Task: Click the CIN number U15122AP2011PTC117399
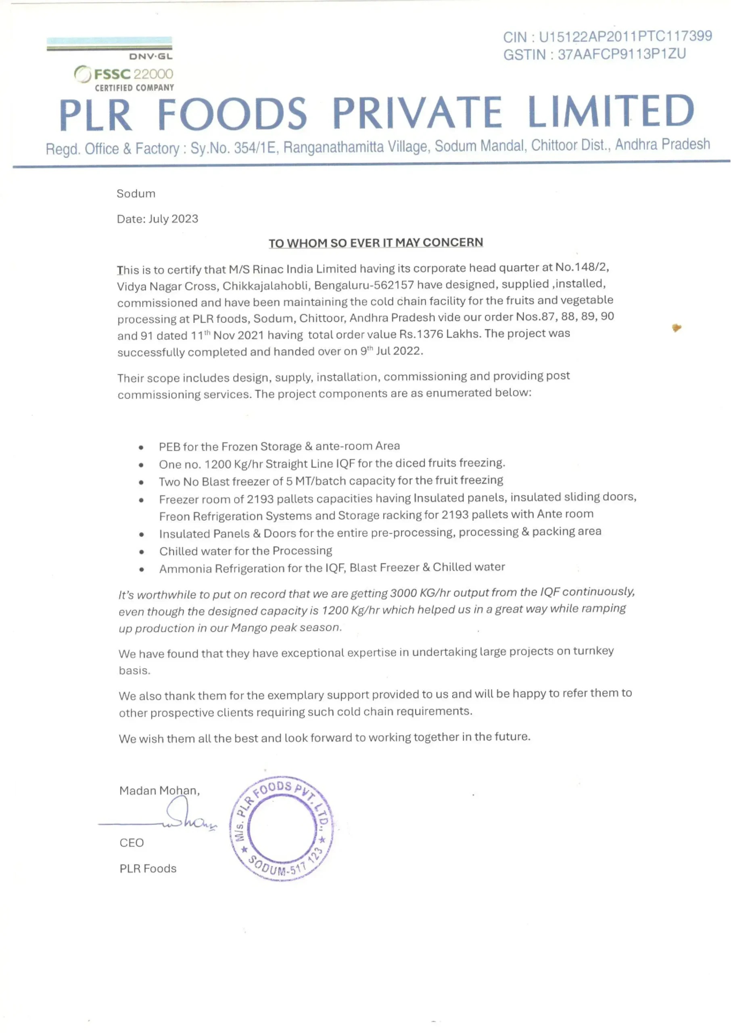click(x=625, y=36)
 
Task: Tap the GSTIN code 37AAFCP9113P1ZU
click(x=622, y=54)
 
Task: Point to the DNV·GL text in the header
click(x=150, y=56)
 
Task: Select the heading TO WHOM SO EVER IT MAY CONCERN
click(x=376, y=243)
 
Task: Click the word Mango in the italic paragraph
click(x=249, y=627)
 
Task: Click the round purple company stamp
click(x=281, y=828)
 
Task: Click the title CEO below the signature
click(x=132, y=843)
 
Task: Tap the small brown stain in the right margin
click(x=676, y=328)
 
